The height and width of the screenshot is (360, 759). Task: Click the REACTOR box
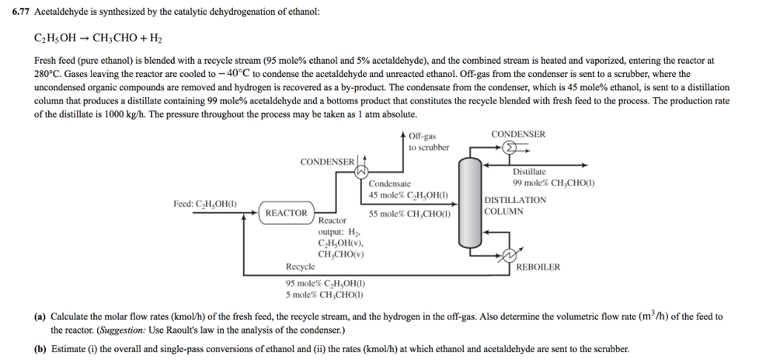[286, 213]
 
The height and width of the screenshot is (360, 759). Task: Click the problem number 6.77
[21, 12]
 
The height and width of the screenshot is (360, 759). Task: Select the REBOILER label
[538, 267]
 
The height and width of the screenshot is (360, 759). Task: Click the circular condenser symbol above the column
[508, 148]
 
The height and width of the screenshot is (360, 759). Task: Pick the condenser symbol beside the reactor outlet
[361, 171]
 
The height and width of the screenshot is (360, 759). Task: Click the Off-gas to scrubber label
[428, 141]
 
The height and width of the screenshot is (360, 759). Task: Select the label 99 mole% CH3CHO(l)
[554, 183]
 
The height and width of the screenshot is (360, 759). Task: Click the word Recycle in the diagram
[300, 266]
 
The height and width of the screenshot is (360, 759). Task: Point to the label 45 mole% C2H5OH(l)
[408, 196]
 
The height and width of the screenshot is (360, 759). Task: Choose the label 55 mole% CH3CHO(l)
[409, 214]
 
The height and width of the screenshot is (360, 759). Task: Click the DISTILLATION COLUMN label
[516, 206]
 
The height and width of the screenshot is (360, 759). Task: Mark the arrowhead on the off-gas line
[404, 134]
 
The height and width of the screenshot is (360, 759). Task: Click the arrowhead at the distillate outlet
[585, 165]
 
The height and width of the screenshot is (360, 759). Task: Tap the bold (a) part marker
[40, 317]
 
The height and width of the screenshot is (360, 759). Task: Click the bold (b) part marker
[40, 349]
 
